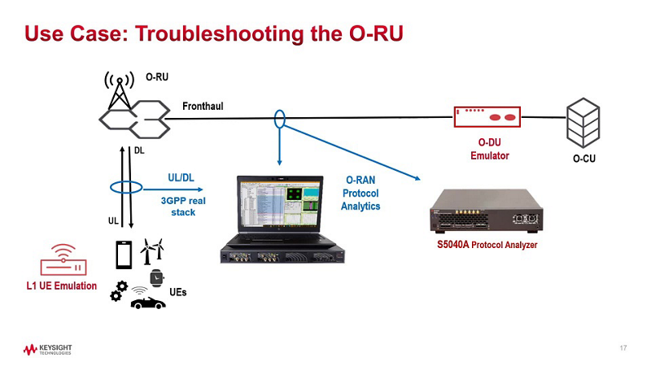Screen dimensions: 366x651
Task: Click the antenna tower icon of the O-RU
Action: [x=119, y=89]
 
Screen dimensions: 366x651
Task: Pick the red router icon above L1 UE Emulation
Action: [x=61, y=259]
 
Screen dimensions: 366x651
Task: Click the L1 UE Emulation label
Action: [x=61, y=285]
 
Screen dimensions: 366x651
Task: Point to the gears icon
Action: [x=119, y=291]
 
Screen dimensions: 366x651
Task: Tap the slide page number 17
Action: [x=623, y=349]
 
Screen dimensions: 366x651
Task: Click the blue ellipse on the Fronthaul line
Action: [x=279, y=119]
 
